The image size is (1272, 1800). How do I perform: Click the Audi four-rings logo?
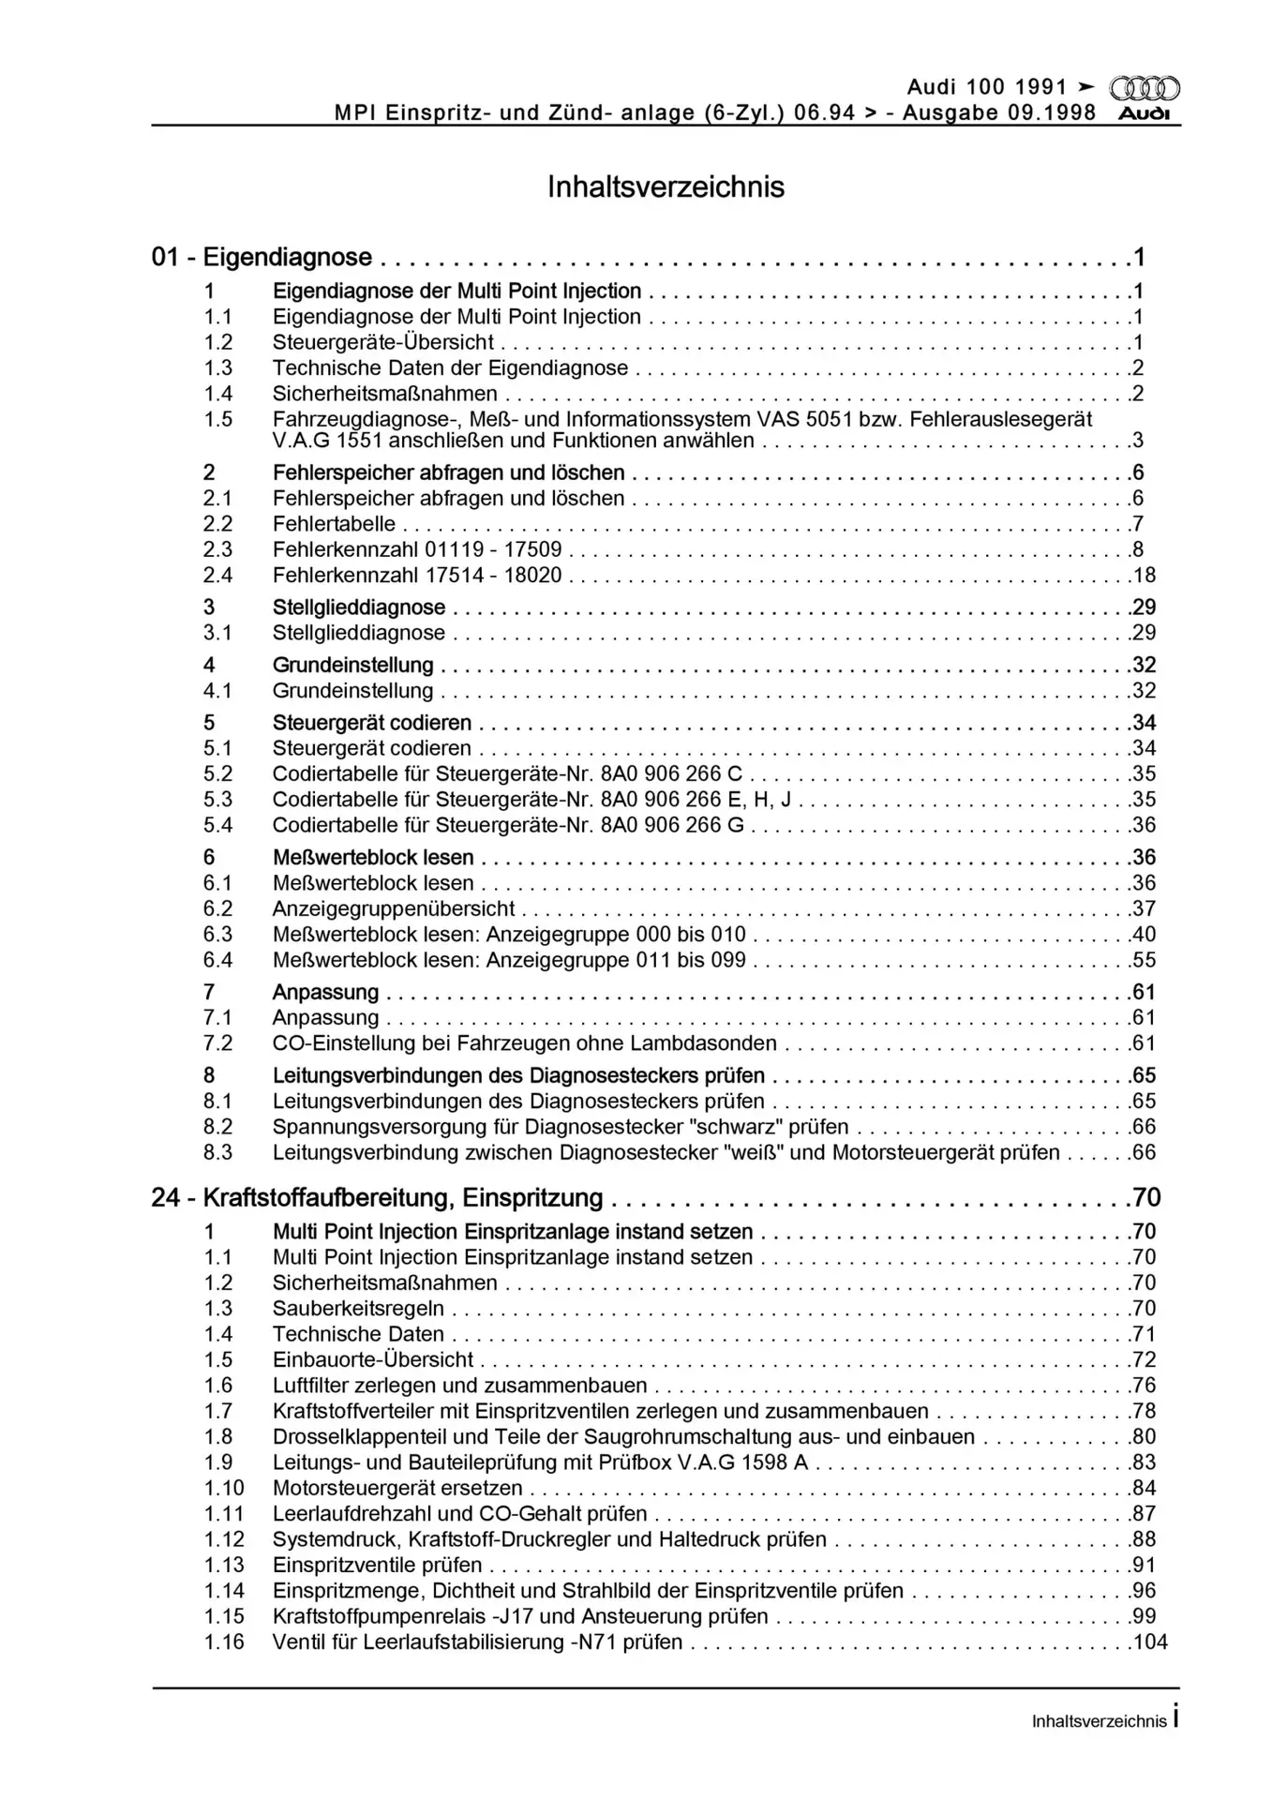point(1144,89)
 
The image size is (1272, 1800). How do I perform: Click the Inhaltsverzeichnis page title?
point(666,187)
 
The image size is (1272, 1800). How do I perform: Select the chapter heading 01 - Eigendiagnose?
point(262,257)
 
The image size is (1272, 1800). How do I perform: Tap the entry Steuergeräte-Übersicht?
point(382,342)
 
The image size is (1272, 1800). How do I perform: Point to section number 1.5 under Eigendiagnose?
point(218,419)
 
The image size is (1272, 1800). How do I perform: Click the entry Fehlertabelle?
point(334,524)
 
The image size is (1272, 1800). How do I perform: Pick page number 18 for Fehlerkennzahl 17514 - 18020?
point(1145,575)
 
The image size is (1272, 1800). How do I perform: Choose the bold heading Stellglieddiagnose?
point(358,607)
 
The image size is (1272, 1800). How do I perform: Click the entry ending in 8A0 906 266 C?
point(507,773)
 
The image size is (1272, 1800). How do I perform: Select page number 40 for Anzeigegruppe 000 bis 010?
point(1145,934)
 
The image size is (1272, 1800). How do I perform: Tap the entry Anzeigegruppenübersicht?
point(393,908)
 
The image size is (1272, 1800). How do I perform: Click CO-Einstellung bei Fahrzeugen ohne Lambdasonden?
point(524,1043)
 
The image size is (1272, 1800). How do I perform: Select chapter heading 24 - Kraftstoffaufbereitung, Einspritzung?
point(377,1197)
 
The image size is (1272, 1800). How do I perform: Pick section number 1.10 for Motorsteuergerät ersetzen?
point(224,1488)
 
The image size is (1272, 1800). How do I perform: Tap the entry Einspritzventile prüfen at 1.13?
point(377,1565)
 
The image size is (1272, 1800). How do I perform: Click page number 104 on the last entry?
point(1150,1642)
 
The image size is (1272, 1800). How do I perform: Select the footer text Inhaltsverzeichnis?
point(1099,1721)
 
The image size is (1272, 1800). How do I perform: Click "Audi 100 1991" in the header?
point(987,88)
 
